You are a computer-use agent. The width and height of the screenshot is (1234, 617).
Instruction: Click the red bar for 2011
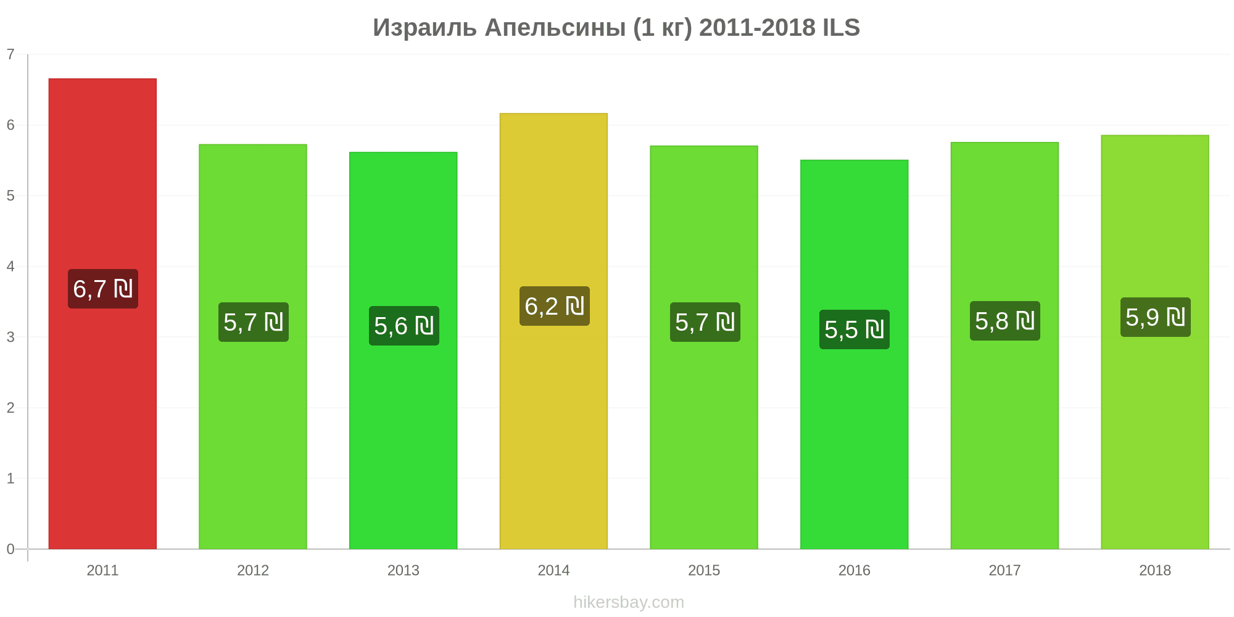(x=102, y=313)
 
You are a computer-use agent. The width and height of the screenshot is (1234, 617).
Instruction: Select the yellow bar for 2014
(x=553, y=331)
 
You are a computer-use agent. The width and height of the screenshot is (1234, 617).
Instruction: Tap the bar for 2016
(x=855, y=354)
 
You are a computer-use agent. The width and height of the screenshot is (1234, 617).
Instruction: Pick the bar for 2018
(x=1155, y=342)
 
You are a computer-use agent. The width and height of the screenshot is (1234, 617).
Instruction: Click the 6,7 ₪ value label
(x=103, y=289)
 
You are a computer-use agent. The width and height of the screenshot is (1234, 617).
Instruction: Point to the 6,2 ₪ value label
(x=555, y=306)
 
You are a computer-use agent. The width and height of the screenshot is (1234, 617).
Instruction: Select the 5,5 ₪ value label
(x=855, y=329)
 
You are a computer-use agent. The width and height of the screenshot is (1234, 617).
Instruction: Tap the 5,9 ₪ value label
(x=1156, y=317)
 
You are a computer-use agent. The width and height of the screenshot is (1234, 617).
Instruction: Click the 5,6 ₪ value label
(x=404, y=326)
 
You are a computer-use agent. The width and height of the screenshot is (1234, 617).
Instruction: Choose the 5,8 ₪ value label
(x=1005, y=321)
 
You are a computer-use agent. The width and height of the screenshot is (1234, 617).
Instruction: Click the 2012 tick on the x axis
(x=253, y=570)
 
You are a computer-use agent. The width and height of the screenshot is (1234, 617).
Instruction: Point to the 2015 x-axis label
(x=704, y=570)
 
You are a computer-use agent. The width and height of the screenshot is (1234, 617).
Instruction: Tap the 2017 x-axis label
(x=1004, y=570)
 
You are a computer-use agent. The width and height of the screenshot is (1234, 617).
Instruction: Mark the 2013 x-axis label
(x=404, y=570)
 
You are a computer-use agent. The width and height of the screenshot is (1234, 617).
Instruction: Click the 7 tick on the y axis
(x=10, y=54)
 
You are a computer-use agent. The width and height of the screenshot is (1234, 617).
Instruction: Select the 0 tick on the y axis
(x=10, y=549)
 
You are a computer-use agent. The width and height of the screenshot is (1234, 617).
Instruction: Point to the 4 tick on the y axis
(x=10, y=267)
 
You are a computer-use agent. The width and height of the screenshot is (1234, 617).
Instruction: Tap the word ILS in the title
(x=841, y=28)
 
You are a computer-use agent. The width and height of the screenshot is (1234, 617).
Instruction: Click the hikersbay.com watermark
(x=629, y=602)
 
